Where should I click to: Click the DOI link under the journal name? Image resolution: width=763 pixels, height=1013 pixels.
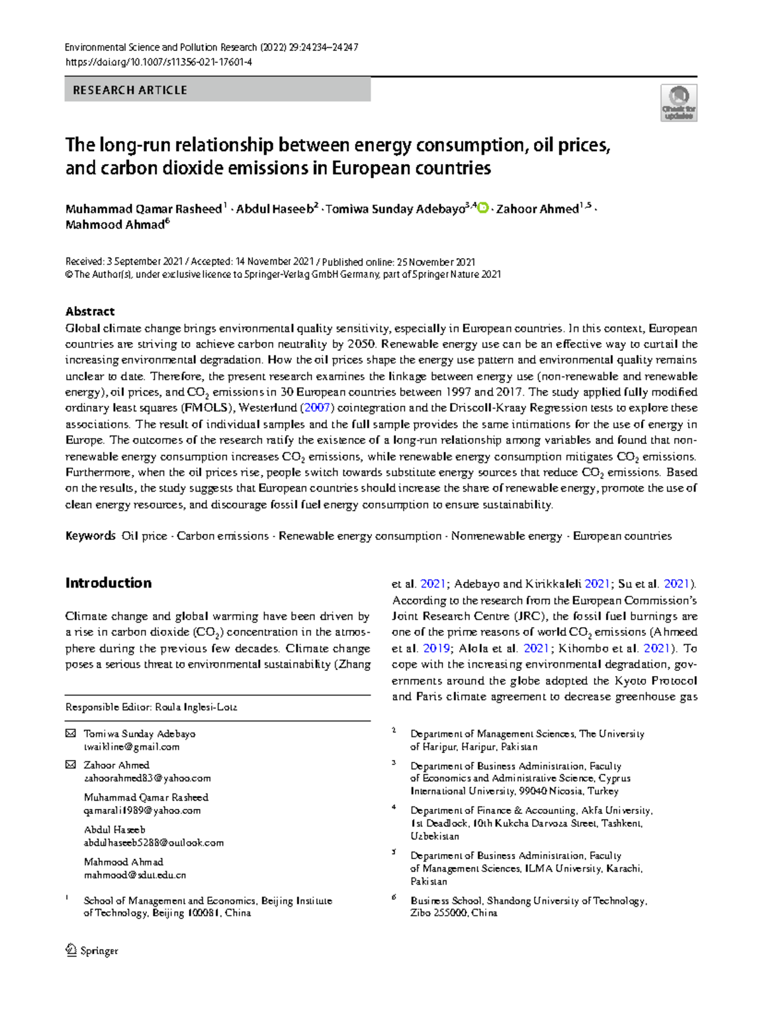[158, 62]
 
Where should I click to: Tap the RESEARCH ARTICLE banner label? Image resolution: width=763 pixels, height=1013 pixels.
[130, 90]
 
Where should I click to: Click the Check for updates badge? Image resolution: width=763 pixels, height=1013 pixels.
[678, 103]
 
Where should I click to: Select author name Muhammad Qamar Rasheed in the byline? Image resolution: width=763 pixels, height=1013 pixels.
[143, 209]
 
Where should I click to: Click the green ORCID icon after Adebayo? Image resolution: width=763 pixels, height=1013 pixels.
[483, 208]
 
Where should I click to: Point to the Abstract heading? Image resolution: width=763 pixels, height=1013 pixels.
[90, 312]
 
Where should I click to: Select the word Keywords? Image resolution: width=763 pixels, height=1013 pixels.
[90, 536]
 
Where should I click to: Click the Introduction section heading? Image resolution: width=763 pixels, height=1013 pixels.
[108, 583]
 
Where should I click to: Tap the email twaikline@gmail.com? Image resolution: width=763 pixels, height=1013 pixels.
[132, 747]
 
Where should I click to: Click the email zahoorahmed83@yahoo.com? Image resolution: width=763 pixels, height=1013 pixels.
[147, 778]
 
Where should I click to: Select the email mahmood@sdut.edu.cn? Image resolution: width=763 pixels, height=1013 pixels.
[135, 875]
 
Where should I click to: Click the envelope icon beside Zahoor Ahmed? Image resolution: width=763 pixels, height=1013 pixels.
[71, 765]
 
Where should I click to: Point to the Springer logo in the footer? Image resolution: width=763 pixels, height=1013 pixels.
[92, 951]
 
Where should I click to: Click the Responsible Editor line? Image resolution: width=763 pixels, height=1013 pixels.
[151, 707]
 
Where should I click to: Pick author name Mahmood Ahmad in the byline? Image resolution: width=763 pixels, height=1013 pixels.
[114, 225]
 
